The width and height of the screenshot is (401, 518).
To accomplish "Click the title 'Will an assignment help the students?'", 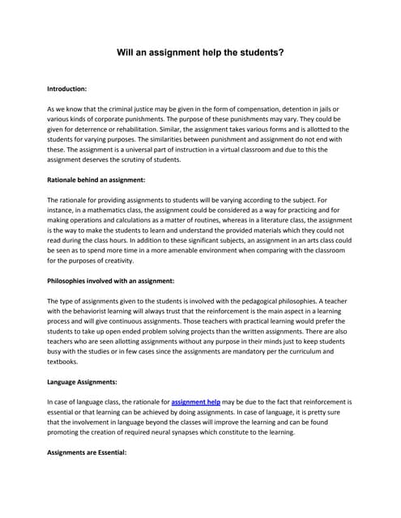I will click(x=200, y=53).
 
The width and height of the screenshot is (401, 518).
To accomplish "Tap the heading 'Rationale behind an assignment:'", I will click(x=96, y=179).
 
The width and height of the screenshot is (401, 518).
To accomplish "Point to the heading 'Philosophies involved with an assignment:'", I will click(x=111, y=280).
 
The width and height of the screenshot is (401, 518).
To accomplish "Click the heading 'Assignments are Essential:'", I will click(x=87, y=451).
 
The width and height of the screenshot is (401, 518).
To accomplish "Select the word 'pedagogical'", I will click(x=267, y=300).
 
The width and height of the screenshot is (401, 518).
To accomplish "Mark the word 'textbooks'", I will click(x=66, y=361).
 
